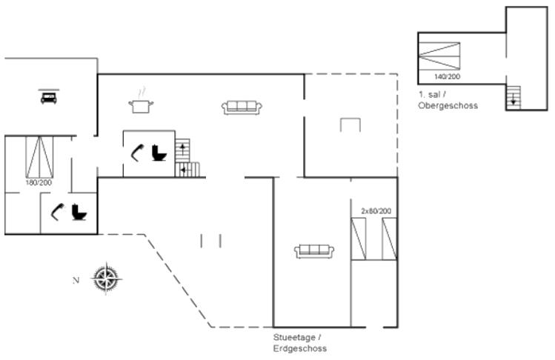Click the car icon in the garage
[49, 97]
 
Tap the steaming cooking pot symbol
[141, 103]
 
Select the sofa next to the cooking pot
[242, 107]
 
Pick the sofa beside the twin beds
[314, 251]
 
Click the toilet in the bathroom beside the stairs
[159, 153]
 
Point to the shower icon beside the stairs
[137, 153]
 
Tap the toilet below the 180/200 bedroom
[79, 212]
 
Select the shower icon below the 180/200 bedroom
[58, 212]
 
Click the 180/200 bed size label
[39, 183]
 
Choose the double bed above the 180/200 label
[39, 157]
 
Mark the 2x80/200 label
[376, 211]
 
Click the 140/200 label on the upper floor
[448, 76]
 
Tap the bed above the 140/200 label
[439, 56]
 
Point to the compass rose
[107, 279]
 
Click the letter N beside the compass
[76, 280]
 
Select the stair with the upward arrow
[182, 150]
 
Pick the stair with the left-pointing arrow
[187, 170]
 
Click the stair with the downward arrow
[514, 98]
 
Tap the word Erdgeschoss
[300, 348]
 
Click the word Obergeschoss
[448, 105]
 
